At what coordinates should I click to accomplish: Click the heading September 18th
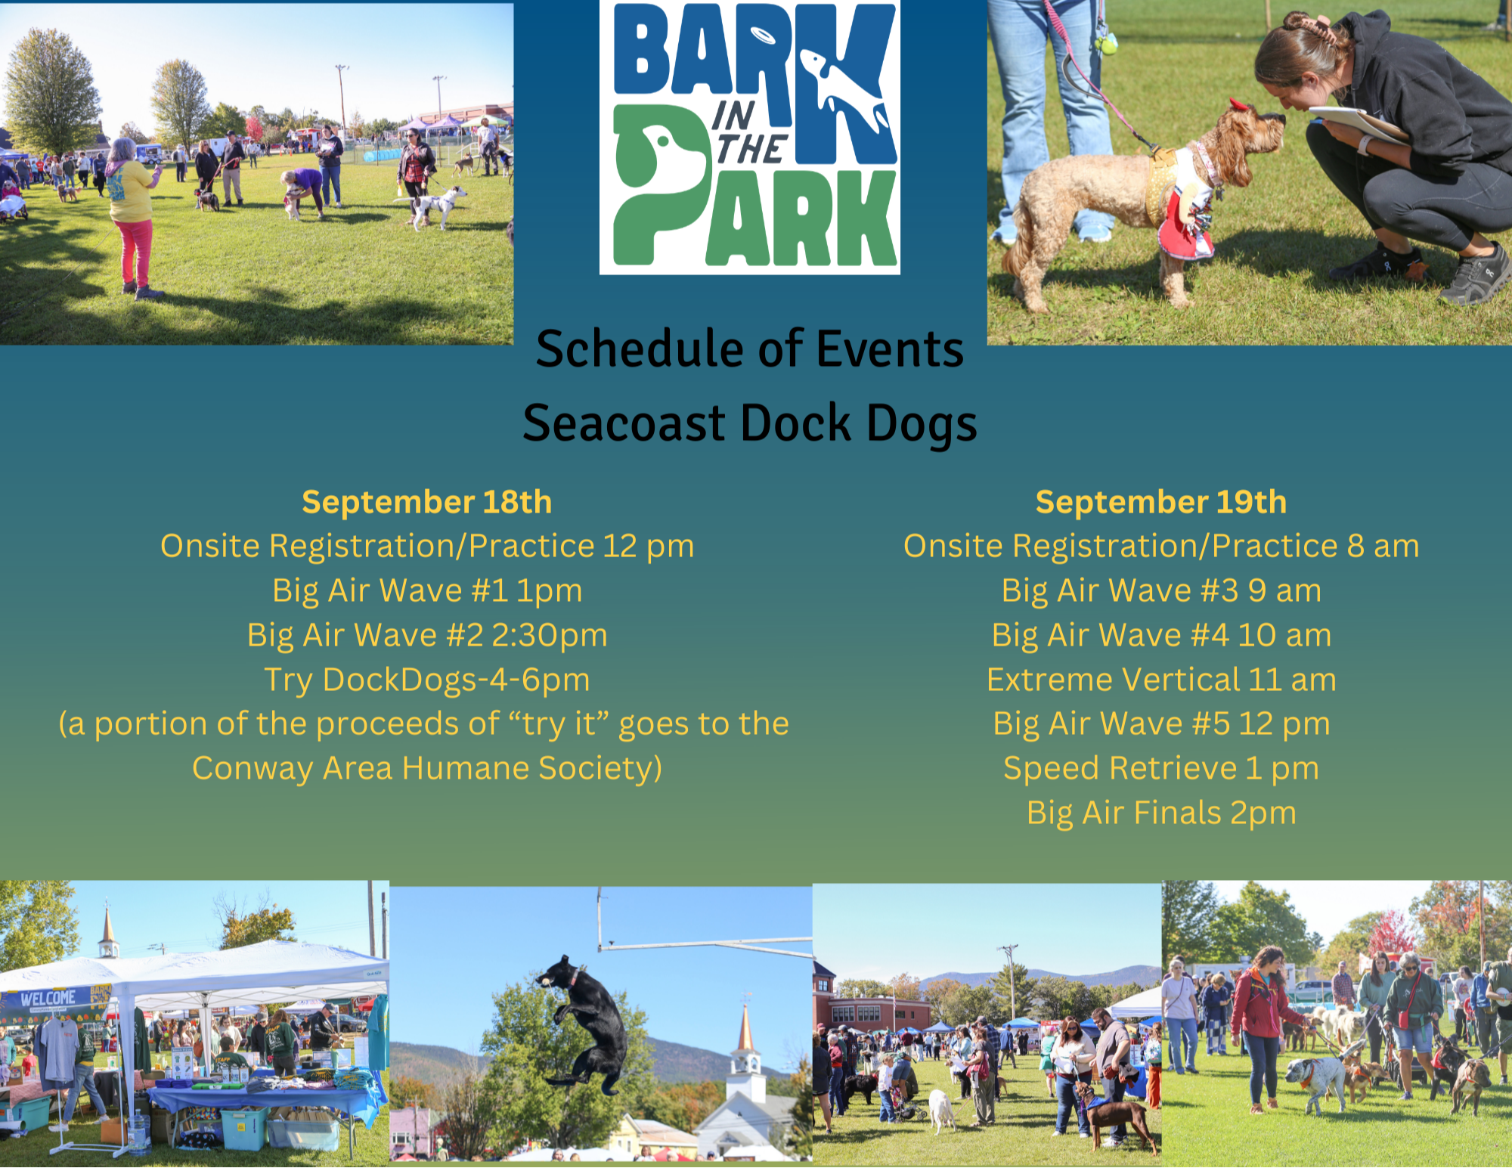427,503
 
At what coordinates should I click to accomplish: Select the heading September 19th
1161,503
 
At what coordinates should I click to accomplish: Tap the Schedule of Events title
750,349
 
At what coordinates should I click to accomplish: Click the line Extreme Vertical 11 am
1161,680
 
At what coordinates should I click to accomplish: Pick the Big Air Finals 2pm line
1161,813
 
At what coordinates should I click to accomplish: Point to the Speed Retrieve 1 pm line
1161,769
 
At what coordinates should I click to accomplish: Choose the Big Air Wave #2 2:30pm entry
427,636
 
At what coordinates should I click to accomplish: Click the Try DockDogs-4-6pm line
427,680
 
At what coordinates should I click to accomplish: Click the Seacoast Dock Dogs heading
750,423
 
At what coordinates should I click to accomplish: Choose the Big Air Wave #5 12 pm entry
1161,724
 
